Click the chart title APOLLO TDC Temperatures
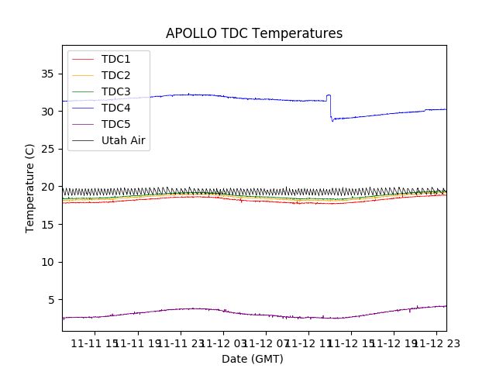pos(254,34)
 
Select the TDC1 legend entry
pos(115,59)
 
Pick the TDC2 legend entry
pos(115,75)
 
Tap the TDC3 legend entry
pos(115,91)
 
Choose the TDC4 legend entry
pos(115,108)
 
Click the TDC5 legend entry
pos(115,124)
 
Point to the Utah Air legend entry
pos(123,140)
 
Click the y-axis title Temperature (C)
pos(30,188)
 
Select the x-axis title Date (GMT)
pos(253,359)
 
